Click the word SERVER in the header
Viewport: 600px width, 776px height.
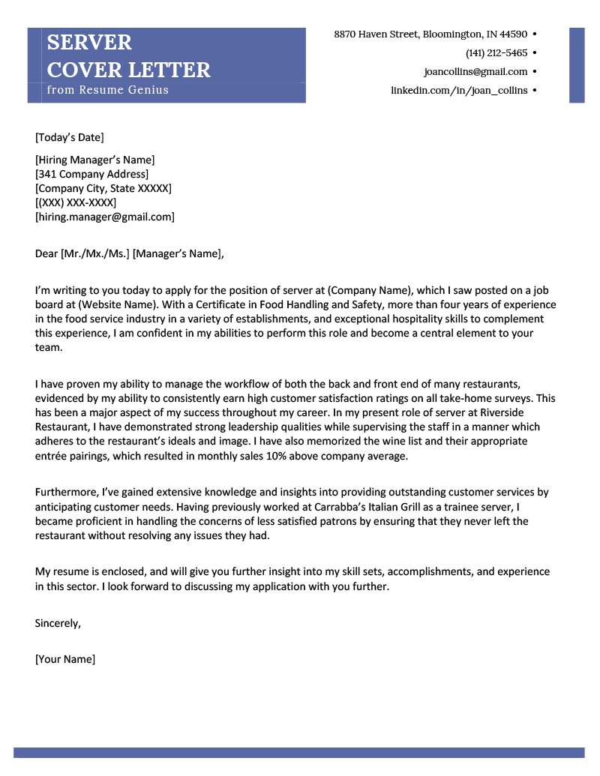(x=89, y=42)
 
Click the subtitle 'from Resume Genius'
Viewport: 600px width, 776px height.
(x=108, y=90)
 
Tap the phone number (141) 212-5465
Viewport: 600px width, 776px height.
(x=496, y=53)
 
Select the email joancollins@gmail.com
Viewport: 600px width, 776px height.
(x=475, y=72)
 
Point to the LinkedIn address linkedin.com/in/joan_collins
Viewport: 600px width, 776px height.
(x=459, y=91)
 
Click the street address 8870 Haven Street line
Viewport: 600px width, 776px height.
(x=430, y=34)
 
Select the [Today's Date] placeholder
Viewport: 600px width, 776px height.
(x=70, y=137)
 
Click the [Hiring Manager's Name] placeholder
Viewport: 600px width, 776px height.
(x=94, y=160)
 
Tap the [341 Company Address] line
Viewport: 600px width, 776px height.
(x=91, y=174)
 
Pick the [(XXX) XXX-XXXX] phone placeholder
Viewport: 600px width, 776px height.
(x=76, y=202)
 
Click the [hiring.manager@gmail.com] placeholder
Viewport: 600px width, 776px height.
(x=105, y=217)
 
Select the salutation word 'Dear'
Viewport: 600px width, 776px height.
(x=46, y=253)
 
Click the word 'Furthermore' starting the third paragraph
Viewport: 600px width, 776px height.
(x=66, y=493)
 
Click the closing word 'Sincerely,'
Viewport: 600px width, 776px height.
(x=58, y=623)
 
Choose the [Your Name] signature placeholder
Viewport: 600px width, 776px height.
(x=65, y=660)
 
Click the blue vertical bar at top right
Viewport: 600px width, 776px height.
(x=577, y=65)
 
